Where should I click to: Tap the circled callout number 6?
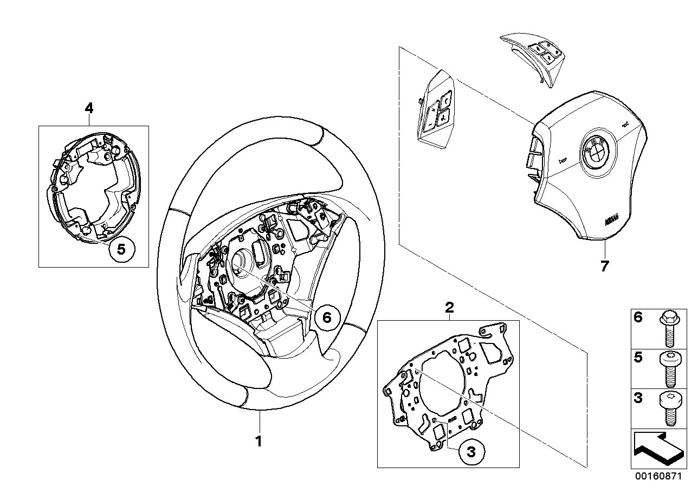326,317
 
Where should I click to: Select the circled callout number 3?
470,452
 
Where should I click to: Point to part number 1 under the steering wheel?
259,441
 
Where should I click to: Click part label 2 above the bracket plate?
449,308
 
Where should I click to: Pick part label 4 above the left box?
89,108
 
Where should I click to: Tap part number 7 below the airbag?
604,266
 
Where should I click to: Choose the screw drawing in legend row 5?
667,368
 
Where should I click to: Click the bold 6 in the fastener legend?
638,317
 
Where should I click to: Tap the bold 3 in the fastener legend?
638,398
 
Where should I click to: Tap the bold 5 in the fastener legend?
638,358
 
